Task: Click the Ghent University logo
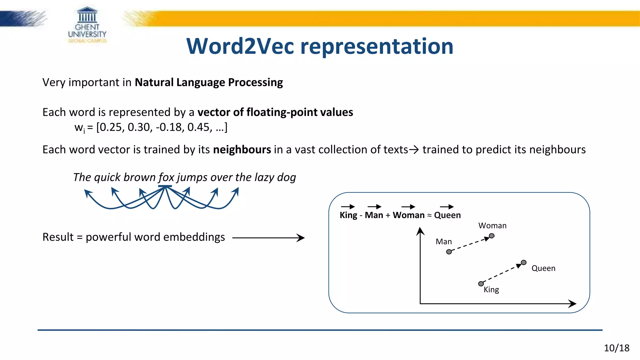[87, 25]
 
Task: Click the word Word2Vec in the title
[240, 46]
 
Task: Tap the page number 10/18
[616, 348]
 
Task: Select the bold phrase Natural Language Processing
[209, 82]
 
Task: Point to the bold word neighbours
[242, 150]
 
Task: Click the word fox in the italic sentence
[166, 177]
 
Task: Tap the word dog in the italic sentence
[286, 177]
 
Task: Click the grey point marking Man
[449, 252]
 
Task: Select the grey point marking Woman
[492, 236]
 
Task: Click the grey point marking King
[481, 284]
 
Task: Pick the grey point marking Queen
[524, 262]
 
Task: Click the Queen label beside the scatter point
[543, 268]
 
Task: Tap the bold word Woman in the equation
[408, 215]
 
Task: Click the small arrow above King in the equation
[348, 207]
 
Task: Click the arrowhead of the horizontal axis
[572, 303]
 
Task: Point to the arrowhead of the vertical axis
[420, 231]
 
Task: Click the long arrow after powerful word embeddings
[268, 238]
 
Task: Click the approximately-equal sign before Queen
[429, 215]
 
